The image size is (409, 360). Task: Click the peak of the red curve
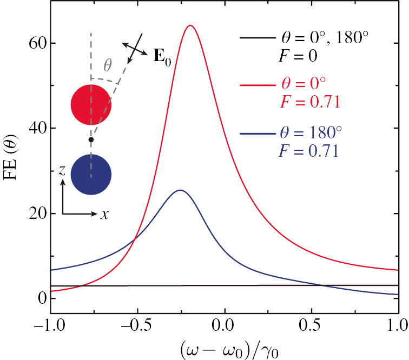190,25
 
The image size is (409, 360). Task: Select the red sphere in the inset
91,105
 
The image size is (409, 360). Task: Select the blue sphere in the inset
91,175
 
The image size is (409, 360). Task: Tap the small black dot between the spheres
91,139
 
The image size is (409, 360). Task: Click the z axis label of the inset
63,171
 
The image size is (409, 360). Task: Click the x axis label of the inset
104,214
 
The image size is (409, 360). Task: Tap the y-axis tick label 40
36,128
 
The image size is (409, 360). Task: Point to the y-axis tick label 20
36,214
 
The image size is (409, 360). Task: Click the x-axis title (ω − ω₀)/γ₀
224,349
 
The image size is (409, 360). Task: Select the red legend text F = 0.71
309,102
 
